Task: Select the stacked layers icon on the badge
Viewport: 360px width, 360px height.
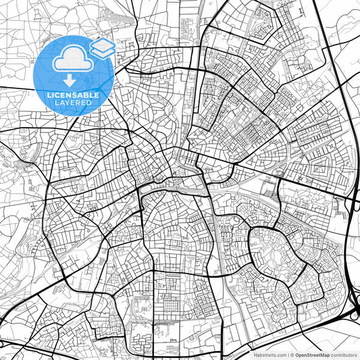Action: pyautogui.click(x=102, y=48)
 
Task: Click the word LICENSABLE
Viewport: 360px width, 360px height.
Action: pyautogui.click(x=74, y=95)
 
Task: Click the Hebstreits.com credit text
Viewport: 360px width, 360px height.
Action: pyautogui.click(x=269, y=354)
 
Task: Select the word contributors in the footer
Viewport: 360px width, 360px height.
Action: pyautogui.click(x=343, y=354)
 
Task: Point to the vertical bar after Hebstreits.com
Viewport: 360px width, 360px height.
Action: pyautogui.click(x=287, y=354)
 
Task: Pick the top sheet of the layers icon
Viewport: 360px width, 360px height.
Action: pyautogui.click(x=102, y=44)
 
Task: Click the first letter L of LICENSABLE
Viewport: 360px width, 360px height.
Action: pyautogui.click(x=49, y=95)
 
